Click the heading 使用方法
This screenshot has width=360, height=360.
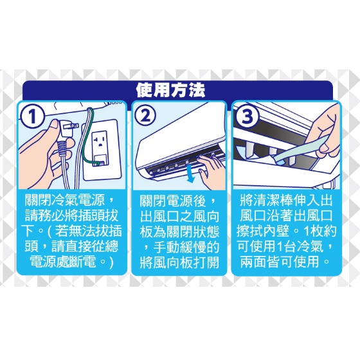(x=170, y=90)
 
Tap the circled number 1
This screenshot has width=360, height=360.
(x=32, y=116)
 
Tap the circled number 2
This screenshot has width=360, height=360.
(x=145, y=116)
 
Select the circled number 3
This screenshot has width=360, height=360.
(x=247, y=116)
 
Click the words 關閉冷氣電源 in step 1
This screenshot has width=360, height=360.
(x=64, y=200)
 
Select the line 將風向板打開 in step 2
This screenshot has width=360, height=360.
(x=179, y=262)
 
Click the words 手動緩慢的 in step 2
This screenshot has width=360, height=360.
(x=186, y=247)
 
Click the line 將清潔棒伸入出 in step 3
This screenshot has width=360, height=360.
(x=286, y=200)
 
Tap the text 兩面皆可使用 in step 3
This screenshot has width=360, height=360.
(x=280, y=262)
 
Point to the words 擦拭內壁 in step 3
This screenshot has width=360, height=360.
(x=263, y=231)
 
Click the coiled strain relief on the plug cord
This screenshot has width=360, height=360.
(x=62, y=147)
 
